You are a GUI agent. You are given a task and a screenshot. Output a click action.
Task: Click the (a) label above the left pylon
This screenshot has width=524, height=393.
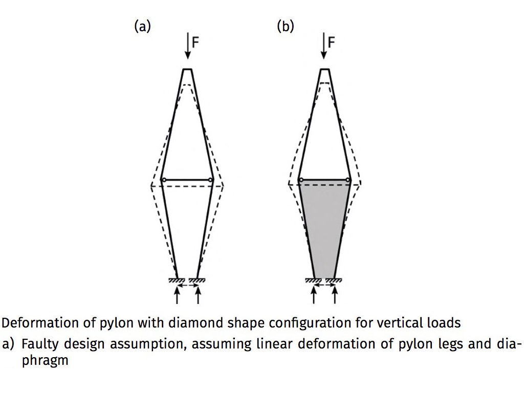tap(142, 27)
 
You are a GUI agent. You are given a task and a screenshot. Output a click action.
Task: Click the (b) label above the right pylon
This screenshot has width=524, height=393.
tap(286, 27)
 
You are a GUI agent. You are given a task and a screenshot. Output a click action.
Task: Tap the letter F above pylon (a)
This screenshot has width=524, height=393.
tap(195, 42)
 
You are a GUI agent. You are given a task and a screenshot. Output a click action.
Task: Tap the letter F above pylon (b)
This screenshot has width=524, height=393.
tap(331, 42)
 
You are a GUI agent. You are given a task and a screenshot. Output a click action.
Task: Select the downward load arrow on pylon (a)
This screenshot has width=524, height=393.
tap(188, 46)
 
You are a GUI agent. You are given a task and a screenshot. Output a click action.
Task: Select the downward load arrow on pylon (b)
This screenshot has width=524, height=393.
tap(323, 46)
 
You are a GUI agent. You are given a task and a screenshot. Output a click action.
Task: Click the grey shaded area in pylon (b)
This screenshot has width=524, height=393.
tap(324, 227)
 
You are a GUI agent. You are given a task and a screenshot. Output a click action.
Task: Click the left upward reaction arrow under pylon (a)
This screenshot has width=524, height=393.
tap(177, 296)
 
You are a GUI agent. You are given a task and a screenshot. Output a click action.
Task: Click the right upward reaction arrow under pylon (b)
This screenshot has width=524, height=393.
tap(335, 296)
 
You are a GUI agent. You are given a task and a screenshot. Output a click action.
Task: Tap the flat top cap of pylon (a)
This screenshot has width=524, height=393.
tap(187, 69)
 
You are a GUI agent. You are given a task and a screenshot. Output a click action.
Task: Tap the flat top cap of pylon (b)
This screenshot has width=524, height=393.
tap(325, 69)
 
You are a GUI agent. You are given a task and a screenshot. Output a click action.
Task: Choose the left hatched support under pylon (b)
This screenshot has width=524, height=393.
tap(314, 281)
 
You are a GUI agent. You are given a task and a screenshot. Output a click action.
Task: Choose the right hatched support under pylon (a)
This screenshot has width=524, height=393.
tap(197, 281)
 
